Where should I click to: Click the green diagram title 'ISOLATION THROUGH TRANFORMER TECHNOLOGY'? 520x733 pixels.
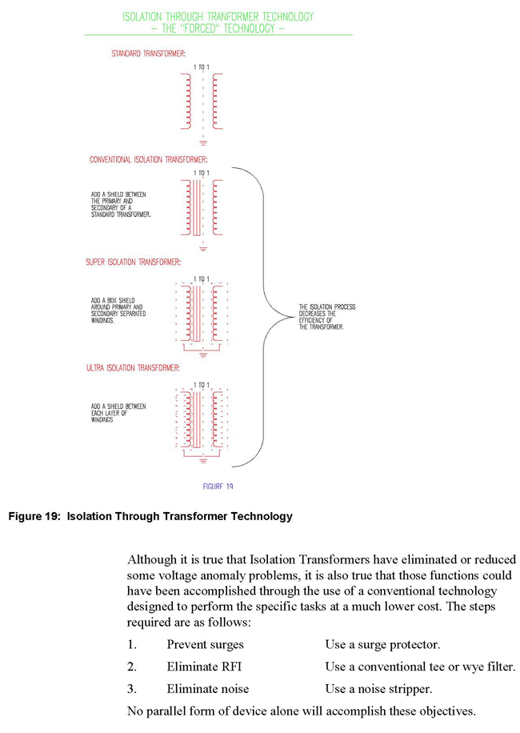click(x=218, y=16)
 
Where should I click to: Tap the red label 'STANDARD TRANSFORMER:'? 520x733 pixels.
click(x=149, y=54)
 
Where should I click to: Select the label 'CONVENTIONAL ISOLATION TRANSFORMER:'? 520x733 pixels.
click(x=148, y=160)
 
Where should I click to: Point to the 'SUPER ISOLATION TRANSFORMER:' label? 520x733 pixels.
click(x=134, y=262)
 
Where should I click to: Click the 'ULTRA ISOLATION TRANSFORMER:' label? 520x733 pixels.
click(x=133, y=368)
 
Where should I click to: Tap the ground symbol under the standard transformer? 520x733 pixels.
click(x=203, y=141)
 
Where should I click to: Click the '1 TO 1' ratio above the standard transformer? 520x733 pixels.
click(x=202, y=67)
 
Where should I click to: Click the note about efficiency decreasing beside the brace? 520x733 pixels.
click(x=327, y=317)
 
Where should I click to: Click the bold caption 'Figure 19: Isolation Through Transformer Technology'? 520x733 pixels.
click(x=150, y=516)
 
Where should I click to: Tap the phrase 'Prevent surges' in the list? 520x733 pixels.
click(x=206, y=644)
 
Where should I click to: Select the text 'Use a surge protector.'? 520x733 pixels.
click(x=382, y=644)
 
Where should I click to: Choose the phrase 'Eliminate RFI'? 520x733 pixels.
click(x=201, y=667)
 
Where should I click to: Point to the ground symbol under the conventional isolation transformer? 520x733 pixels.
click(x=203, y=247)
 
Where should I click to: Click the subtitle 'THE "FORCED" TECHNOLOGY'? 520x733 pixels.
click(x=218, y=28)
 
